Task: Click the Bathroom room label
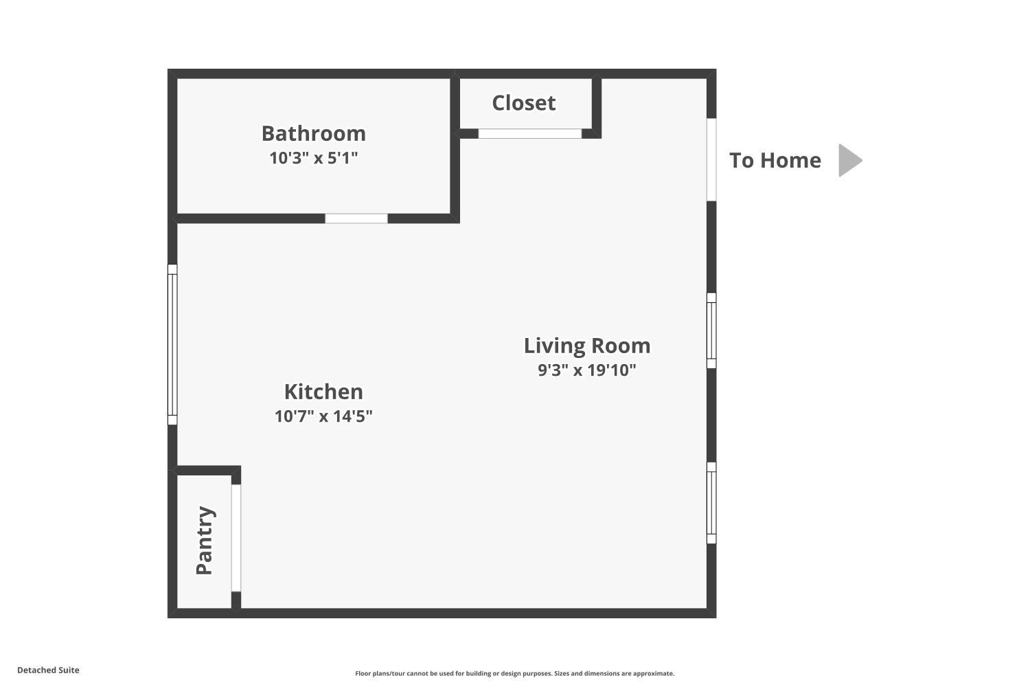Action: pos(314,134)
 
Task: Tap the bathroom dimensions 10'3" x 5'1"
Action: pos(314,158)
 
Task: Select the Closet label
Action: pos(524,102)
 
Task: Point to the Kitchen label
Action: pos(323,392)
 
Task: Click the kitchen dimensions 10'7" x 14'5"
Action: pos(323,416)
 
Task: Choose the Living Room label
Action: pos(587,346)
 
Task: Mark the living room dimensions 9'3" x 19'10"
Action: pos(587,370)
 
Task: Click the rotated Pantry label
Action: pos(205,540)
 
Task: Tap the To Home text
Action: pos(775,161)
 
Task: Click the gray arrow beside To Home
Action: pos(849,160)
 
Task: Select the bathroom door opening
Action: pos(356,218)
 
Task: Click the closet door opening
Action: pos(529,133)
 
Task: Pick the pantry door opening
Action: pos(236,538)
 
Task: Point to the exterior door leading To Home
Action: pos(711,159)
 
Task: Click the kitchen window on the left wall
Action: pos(172,344)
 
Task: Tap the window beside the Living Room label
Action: pos(711,330)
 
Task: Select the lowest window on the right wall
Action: pos(711,503)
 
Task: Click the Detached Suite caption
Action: pos(48,670)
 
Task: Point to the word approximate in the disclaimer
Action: pos(653,674)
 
